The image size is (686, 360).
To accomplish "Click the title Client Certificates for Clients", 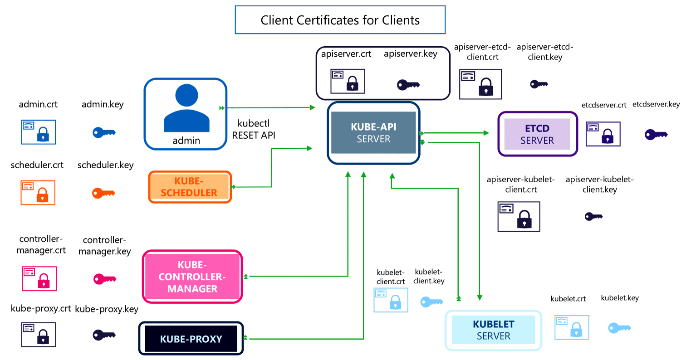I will [340, 20].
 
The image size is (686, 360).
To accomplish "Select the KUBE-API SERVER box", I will [373, 132].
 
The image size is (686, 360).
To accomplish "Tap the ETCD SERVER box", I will [537, 134].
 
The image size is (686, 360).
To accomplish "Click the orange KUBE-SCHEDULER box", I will [190, 187].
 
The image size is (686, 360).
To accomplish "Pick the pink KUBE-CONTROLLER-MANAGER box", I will [192, 276].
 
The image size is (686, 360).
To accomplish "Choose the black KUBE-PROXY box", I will [191, 339].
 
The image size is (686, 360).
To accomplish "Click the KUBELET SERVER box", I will [493, 330].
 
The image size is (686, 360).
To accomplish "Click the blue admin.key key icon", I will [104, 132].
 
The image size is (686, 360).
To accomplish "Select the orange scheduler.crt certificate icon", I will [38, 192].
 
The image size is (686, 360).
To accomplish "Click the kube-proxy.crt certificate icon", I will [39, 335].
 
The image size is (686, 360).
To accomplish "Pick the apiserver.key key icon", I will [408, 84].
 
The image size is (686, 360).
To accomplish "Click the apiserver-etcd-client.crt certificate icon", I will [480, 84].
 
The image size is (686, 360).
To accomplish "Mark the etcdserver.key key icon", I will [656, 134].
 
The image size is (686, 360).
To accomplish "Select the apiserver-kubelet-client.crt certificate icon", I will [519, 216].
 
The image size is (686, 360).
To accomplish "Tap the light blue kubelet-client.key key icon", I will [431, 302].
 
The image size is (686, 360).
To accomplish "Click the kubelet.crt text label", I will [568, 299].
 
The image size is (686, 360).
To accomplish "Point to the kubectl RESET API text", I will [254, 129].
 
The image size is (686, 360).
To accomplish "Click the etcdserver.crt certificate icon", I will [603, 134].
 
